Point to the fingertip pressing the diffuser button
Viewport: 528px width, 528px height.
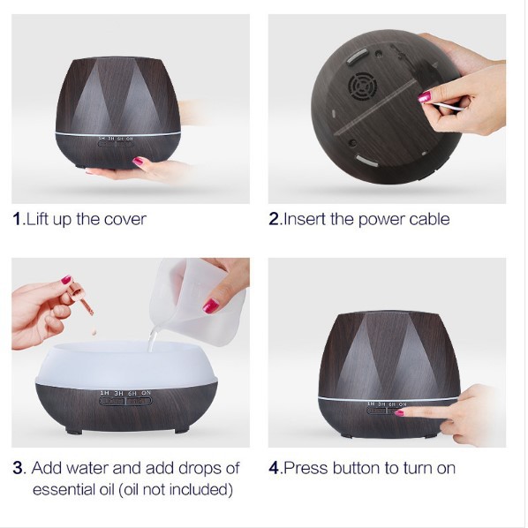[x=402, y=411]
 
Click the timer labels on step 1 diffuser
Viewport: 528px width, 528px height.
[x=117, y=139]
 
